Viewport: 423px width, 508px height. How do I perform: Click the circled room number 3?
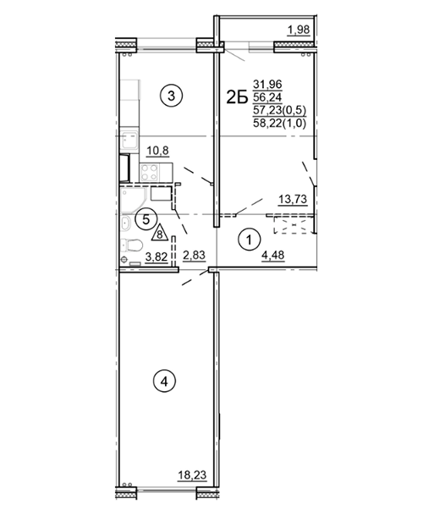(x=172, y=96)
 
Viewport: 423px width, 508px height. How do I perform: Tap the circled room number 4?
(x=164, y=382)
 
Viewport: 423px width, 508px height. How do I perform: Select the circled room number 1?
(x=249, y=240)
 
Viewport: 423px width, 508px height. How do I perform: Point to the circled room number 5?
(x=146, y=219)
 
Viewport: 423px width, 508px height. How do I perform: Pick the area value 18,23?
(x=192, y=476)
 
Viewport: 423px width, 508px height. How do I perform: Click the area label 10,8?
(x=158, y=151)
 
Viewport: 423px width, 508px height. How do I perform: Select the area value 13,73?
(x=293, y=199)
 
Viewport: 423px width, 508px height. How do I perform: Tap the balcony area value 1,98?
(x=299, y=30)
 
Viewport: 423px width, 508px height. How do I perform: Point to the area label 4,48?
(x=273, y=256)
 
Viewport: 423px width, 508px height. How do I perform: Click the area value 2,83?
(x=195, y=256)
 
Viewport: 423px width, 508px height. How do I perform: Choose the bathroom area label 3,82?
(x=157, y=257)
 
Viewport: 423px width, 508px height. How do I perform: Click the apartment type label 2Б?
(x=237, y=97)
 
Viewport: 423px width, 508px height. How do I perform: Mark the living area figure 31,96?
(x=267, y=85)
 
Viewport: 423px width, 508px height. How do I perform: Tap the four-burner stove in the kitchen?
(x=150, y=173)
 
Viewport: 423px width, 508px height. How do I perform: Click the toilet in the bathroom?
(x=131, y=245)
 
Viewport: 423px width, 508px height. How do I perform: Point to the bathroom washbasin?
(x=125, y=224)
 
